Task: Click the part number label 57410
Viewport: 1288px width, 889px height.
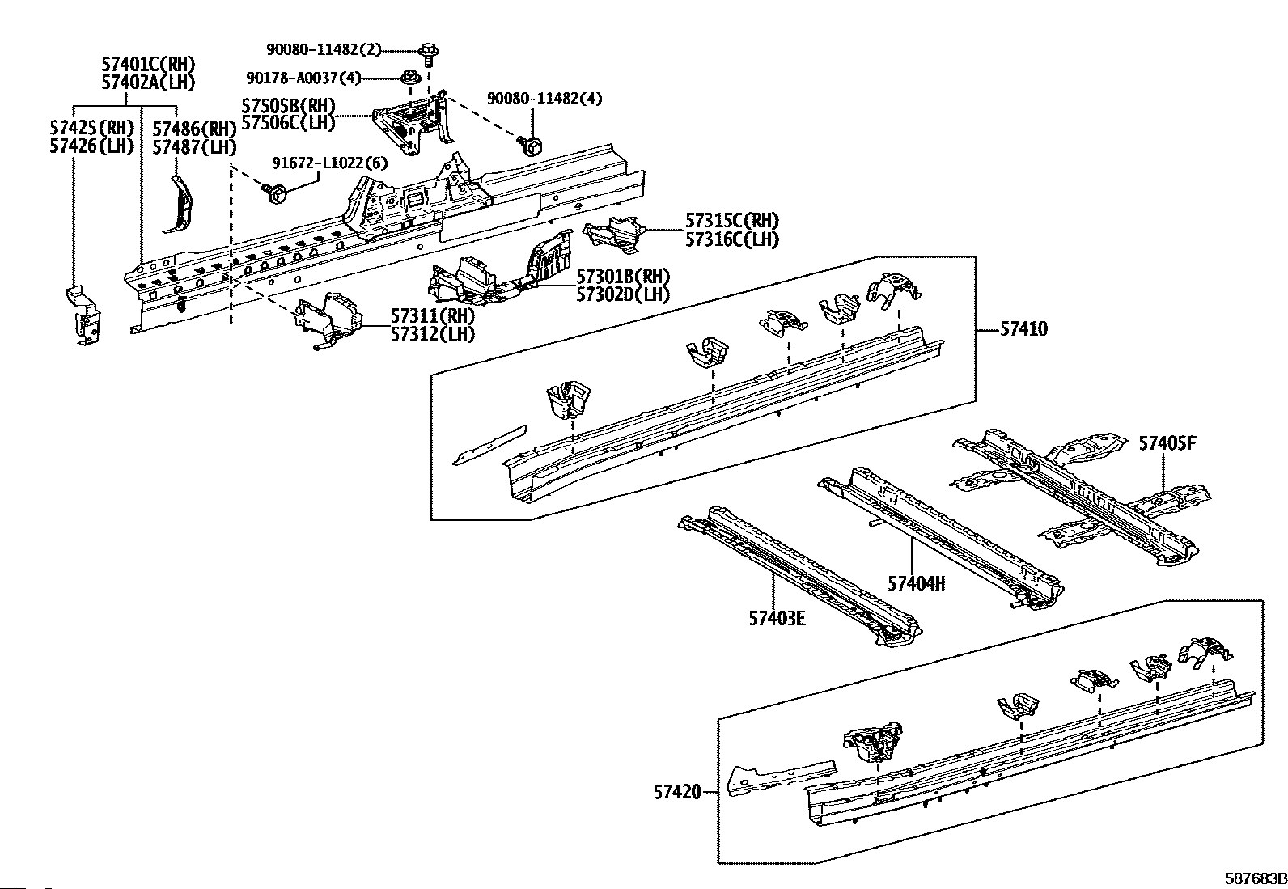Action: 1023,329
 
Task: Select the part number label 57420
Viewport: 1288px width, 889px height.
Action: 677,793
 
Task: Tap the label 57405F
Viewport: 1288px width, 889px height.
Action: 1167,443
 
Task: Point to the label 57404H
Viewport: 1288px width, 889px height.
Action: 916,583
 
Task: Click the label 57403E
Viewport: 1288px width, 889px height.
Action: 777,619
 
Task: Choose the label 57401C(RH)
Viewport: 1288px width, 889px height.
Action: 148,65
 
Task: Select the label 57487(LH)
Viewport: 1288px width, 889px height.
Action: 194,147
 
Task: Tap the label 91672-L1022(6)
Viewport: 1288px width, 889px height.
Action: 329,163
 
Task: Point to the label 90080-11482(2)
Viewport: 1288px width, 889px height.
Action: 324,49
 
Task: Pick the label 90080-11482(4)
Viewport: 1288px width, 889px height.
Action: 544,99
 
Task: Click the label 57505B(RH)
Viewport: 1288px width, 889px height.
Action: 288,106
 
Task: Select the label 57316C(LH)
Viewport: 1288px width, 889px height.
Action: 732,239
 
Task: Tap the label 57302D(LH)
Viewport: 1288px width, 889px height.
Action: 623,294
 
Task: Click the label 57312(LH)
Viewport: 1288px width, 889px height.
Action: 433,333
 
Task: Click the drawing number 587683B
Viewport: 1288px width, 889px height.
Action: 1254,878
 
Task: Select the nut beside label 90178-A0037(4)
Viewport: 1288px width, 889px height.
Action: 411,78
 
